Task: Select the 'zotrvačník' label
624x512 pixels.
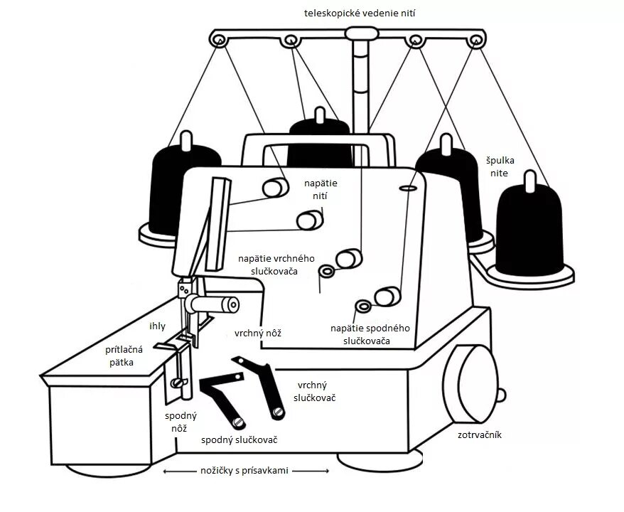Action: pyautogui.click(x=478, y=434)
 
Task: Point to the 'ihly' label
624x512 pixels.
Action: pyautogui.click(x=157, y=326)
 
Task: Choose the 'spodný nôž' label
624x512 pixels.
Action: pyautogui.click(x=181, y=422)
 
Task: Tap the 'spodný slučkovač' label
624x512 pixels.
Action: pyautogui.click(x=239, y=440)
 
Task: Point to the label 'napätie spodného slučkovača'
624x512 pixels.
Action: pyautogui.click(x=370, y=335)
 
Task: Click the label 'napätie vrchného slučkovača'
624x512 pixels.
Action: pyautogui.click(x=276, y=265)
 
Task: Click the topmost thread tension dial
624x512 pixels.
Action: pyautogui.click(x=274, y=188)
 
